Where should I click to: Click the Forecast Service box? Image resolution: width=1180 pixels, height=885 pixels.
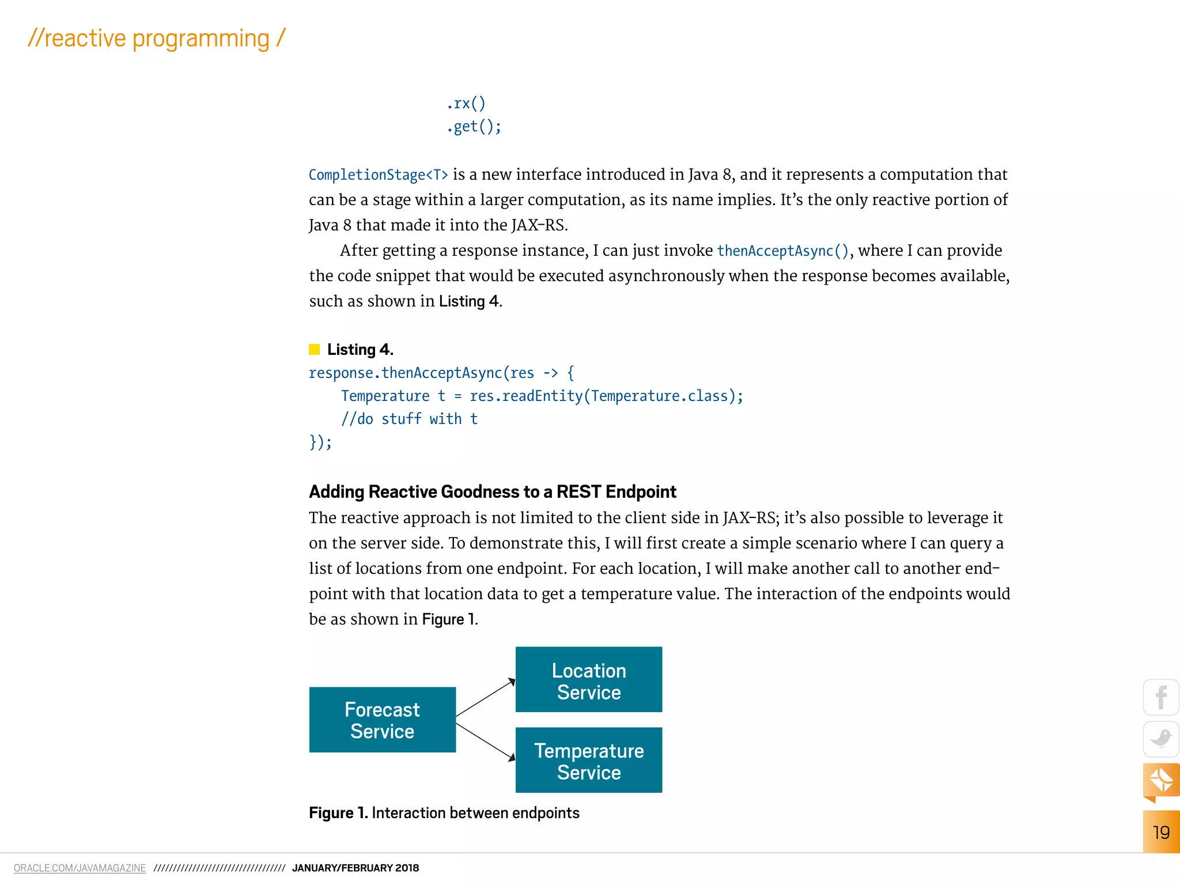coord(382,720)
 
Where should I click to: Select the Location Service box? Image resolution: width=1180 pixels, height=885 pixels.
coord(588,680)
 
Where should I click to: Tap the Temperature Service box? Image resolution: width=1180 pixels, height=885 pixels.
coord(588,761)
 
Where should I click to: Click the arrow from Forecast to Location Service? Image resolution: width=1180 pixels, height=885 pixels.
coord(485,698)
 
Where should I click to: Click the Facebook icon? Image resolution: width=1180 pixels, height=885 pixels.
coord(1161,698)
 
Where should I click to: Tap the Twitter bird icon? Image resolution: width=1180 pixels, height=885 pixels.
coord(1161,739)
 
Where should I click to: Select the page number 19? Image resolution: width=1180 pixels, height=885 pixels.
coord(1161,832)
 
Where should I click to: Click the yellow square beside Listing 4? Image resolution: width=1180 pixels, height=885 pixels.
coord(314,349)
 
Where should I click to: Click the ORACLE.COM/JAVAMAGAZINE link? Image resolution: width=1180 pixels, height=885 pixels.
coord(80,868)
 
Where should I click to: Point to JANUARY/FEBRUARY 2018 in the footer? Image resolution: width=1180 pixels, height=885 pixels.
coord(355,868)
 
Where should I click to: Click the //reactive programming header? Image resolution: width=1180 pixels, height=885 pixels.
coord(156,39)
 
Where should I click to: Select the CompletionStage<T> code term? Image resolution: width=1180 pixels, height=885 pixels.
coord(378,175)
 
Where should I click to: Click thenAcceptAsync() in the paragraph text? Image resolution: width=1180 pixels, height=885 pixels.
coord(783,251)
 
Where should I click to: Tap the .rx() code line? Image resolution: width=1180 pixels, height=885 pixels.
coord(466,104)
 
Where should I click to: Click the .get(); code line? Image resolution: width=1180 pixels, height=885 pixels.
coord(474,127)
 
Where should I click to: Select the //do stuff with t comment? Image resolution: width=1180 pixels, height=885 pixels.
coord(409,419)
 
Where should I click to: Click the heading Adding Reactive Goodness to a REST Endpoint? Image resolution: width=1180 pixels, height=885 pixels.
coord(492,491)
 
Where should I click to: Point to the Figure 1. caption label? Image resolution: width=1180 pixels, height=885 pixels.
coord(338,812)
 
